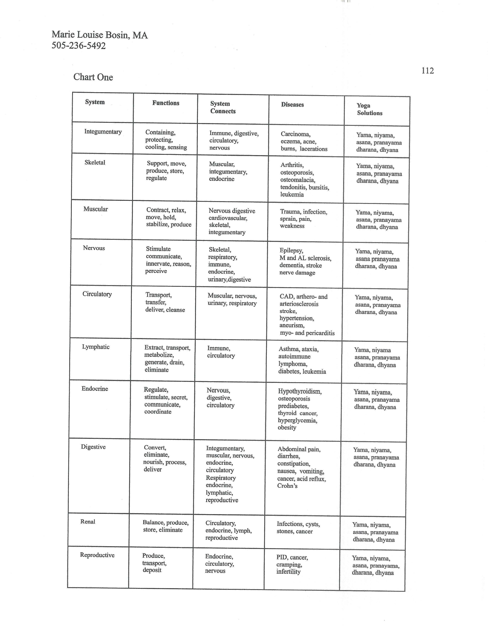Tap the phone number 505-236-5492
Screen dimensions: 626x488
point(79,46)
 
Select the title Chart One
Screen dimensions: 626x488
point(93,77)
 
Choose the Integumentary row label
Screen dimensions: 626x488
point(103,132)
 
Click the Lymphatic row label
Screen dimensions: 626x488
point(96,347)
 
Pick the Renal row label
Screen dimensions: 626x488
point(88,521)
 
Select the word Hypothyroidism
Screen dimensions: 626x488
point(300,391)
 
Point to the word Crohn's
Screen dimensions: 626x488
point(287,486)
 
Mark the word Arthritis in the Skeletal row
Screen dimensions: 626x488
point(292,165)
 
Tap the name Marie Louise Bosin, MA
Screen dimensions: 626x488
point(100,35)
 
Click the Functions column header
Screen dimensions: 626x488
point(166,103)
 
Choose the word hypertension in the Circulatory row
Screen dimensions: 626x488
point(297,318)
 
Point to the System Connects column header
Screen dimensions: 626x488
point(223,107)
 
